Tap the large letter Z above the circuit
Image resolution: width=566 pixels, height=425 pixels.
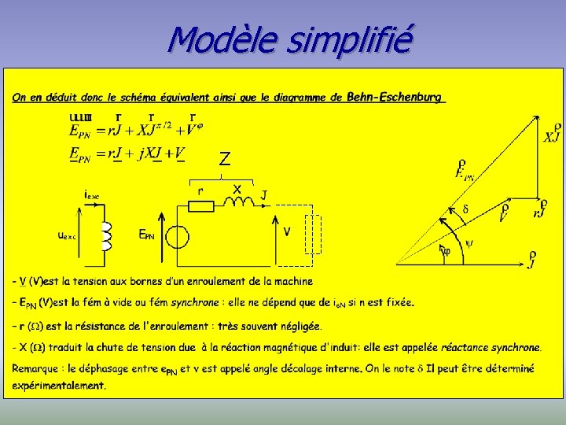click(225, 159)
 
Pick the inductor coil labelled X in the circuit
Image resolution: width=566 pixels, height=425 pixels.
click(237, 202)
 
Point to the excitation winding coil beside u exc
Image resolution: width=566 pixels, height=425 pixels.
click(106, 237)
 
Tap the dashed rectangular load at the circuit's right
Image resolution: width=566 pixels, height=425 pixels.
click(314, 234)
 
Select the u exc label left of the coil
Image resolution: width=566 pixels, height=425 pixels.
click(68, 235)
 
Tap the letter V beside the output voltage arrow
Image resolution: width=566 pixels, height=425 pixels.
click(287, 231)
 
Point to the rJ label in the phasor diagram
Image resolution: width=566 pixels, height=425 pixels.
click(540, 208)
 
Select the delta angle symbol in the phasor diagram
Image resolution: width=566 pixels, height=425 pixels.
click(465, 210)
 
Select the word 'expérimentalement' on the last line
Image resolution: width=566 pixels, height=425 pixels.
click(59, 386)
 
